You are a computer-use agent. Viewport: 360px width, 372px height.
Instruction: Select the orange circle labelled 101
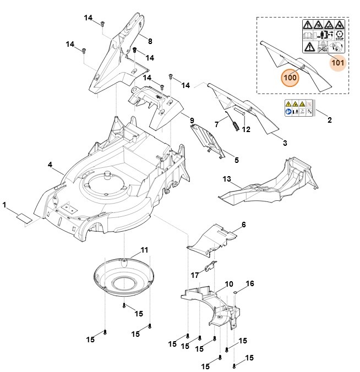(x=338, y=62)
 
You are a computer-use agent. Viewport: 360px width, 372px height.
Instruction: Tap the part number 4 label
(x=50, y=165)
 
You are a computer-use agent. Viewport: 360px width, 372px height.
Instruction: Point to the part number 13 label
(x=227, y=179)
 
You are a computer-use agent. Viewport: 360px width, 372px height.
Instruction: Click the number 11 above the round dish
(x=144, y=250)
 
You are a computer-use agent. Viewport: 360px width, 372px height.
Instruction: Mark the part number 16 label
(x=249, y=284)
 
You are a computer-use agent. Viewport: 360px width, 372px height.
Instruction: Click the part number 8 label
(x=150, y=41)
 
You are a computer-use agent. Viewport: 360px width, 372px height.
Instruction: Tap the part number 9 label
(x=192, y=121)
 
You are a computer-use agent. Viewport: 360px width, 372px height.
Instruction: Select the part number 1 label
(x=4, y=205)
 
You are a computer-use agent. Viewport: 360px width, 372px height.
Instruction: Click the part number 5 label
(x=237, y=160)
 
